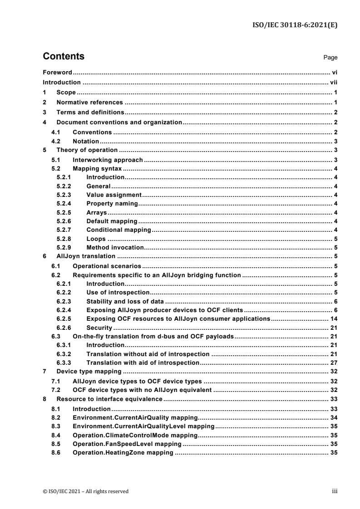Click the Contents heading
click(64, 57)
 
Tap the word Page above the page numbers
click(330, 58)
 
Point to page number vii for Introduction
click(333, 83)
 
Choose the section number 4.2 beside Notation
click(57, 142)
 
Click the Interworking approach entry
click(108, 160)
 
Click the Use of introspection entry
click(118, 293)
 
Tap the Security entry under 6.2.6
click(100, 328)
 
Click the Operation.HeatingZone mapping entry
click(123, 452)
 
